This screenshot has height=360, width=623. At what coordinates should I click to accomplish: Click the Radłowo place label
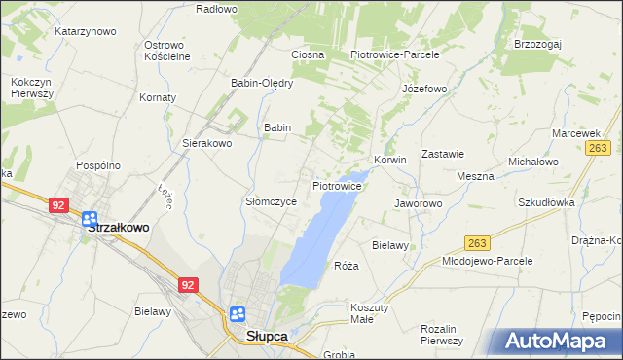tap(216, 9)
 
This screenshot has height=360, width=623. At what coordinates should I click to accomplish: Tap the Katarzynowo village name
tap(86, 31)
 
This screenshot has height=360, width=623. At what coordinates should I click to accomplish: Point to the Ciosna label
tap(307, 54)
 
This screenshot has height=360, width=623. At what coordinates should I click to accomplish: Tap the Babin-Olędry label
tap(262, 83)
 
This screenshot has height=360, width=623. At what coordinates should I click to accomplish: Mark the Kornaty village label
tap(158, 98)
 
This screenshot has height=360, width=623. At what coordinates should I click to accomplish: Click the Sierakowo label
tap(207, 143)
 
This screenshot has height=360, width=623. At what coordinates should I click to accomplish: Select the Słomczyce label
tap(270, 201)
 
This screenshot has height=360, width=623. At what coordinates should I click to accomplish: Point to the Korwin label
tap(389, 160)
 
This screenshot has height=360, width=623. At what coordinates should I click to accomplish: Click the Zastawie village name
tap(441, 154)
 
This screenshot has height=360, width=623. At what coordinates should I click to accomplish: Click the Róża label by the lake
tap(347, 266)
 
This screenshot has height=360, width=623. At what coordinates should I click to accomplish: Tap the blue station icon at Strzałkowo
tap(90, 219)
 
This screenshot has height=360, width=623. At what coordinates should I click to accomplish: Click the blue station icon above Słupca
tap(238, 313)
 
